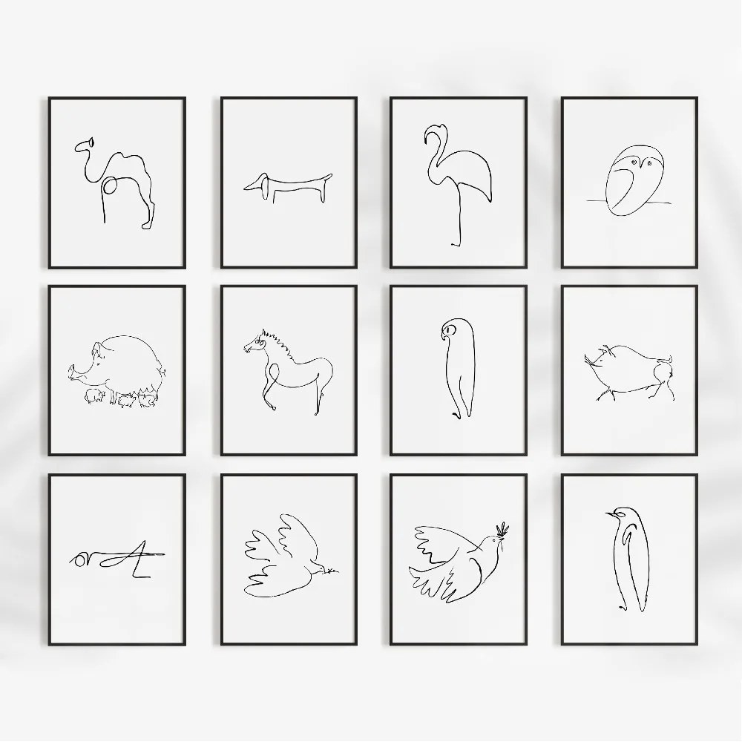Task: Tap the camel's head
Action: [x=90, y=142]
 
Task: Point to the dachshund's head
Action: [x=257, y=183]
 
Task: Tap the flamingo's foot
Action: [x=455, y=243]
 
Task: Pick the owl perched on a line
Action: [x=628, y=183]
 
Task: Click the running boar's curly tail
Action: [x=668, y=360]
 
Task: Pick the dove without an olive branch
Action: [x=286, y=556]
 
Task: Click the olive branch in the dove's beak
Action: [x=502, y=529]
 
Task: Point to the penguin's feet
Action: [x=628, y=607]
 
